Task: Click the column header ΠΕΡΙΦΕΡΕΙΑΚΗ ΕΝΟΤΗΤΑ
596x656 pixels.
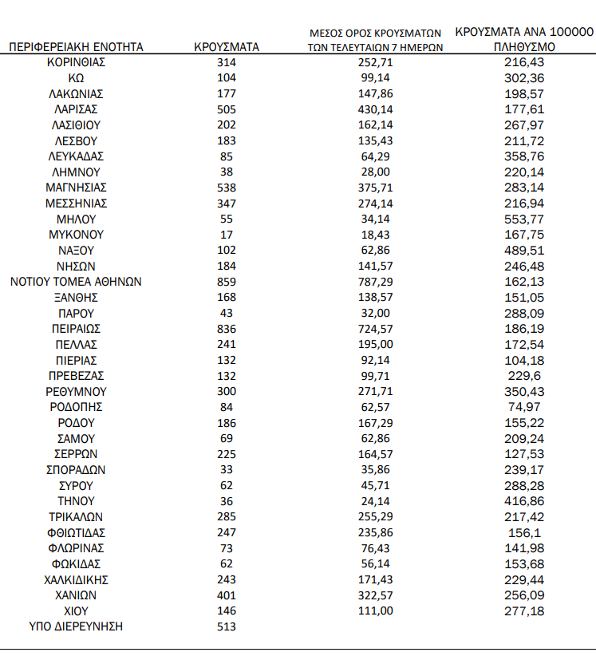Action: coord(76,47)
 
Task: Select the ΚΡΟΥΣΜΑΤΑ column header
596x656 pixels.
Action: coord(227,47)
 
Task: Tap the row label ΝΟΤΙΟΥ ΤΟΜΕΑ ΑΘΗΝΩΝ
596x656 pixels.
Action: coord(76,282)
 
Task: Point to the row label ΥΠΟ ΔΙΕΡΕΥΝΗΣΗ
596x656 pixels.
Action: coord(76,626)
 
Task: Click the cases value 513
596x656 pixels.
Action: coord(227,626)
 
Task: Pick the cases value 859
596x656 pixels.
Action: coord(227,282)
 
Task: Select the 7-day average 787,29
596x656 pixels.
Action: coord(375,282)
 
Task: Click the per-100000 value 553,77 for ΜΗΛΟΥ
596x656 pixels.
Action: coord(523,219)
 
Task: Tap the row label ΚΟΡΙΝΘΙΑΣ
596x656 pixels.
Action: coord(76,61)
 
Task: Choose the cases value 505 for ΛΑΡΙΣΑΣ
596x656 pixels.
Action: coord(227,109)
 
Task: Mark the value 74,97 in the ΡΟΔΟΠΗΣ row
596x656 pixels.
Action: coord(523,407)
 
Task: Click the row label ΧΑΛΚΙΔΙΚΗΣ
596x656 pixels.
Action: coord(76,579)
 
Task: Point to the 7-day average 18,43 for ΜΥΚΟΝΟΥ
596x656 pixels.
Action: coord(375,235)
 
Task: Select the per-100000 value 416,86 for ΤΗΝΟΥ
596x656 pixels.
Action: coord(523,501)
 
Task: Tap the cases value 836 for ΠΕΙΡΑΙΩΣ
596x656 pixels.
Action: coord(227,329)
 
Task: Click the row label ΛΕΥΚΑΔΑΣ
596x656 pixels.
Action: coord(76,156)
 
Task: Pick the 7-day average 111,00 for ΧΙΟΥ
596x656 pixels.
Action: coord(375,611)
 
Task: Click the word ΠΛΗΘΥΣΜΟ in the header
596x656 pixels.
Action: coord(524,47)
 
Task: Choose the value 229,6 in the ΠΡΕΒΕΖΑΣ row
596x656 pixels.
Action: coord(523,376)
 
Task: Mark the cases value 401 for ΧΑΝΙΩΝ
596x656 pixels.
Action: coord(227,595)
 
